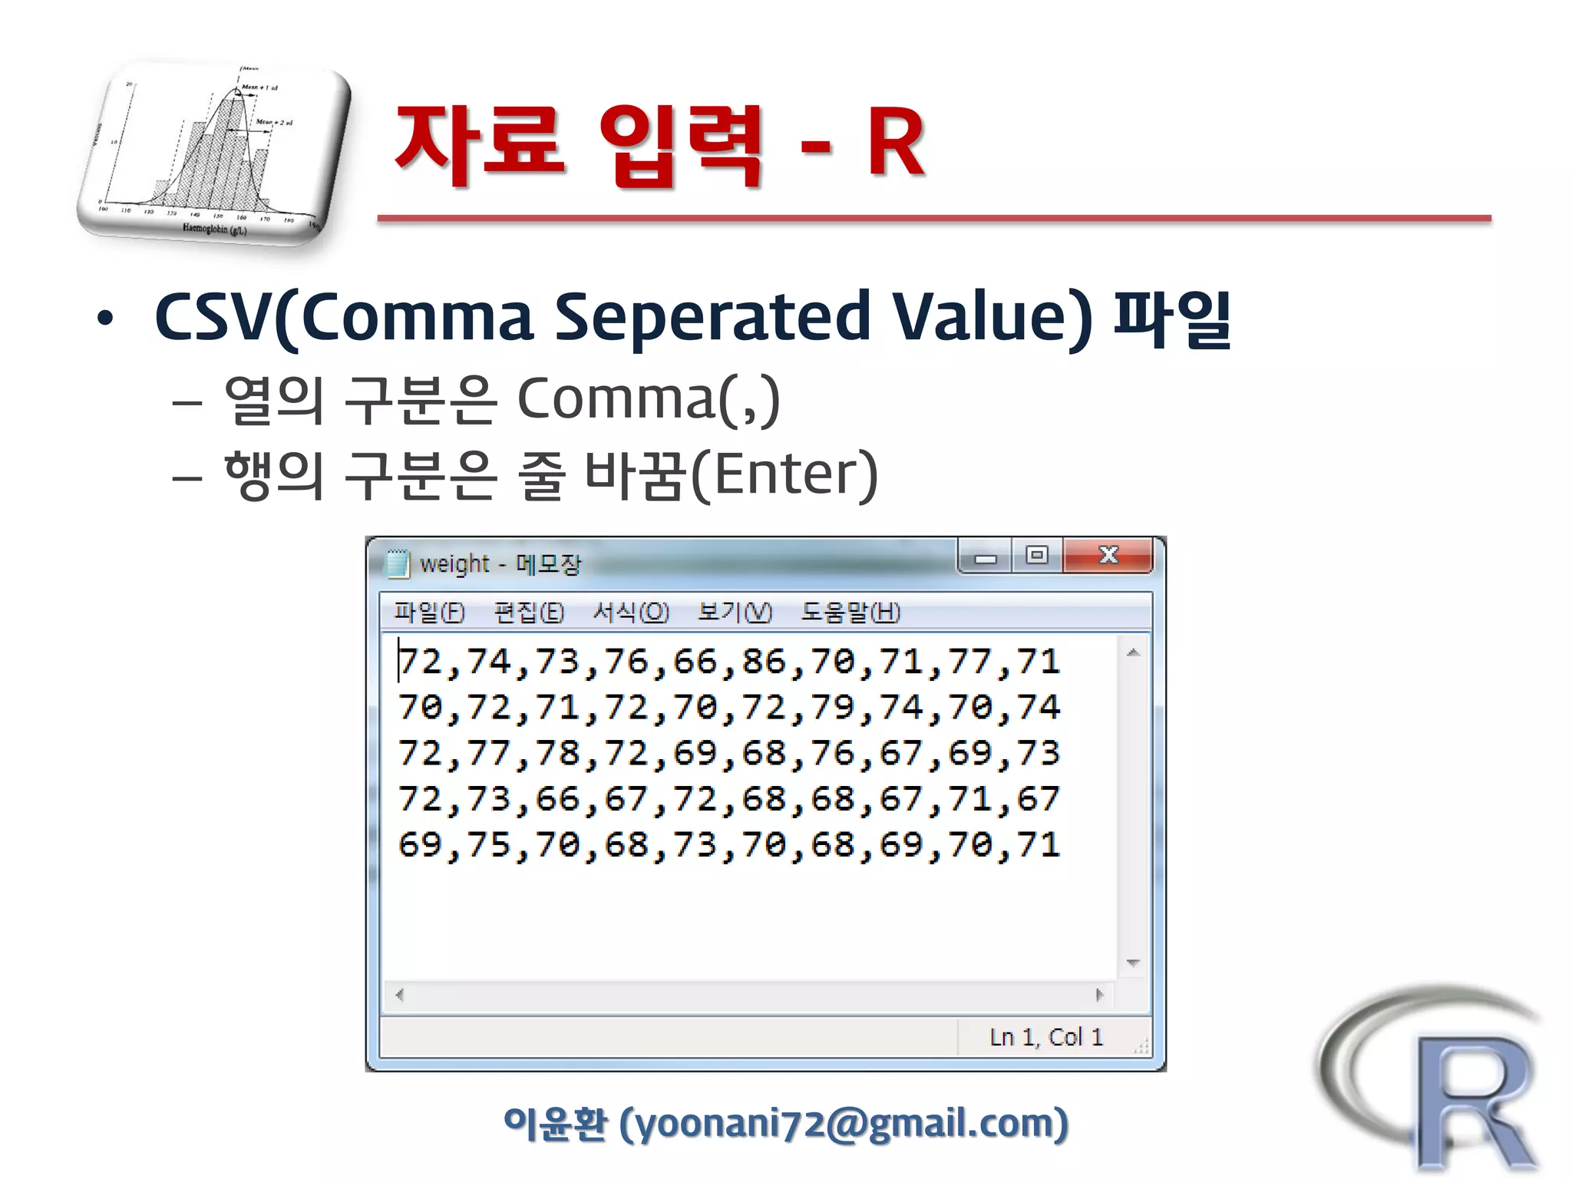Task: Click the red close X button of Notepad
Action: (1108, 555)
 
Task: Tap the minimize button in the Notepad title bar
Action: (986, 557)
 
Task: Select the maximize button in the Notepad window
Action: (1037, 555)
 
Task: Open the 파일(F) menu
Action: (429, 612)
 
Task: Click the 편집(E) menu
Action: (529, 612)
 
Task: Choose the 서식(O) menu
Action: (630, 612)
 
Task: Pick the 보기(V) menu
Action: (735, 612)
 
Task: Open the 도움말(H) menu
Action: (850, 612)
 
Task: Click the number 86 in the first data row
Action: (764, 662)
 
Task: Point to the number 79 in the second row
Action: (832, 707)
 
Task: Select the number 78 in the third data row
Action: (557, 753)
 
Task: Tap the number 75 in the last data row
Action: (489, 844)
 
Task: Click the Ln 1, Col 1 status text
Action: (1045, 1037)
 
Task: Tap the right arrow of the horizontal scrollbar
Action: (1099, 995)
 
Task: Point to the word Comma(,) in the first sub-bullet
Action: (648, 398)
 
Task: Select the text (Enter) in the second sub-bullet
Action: (784, 474)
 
